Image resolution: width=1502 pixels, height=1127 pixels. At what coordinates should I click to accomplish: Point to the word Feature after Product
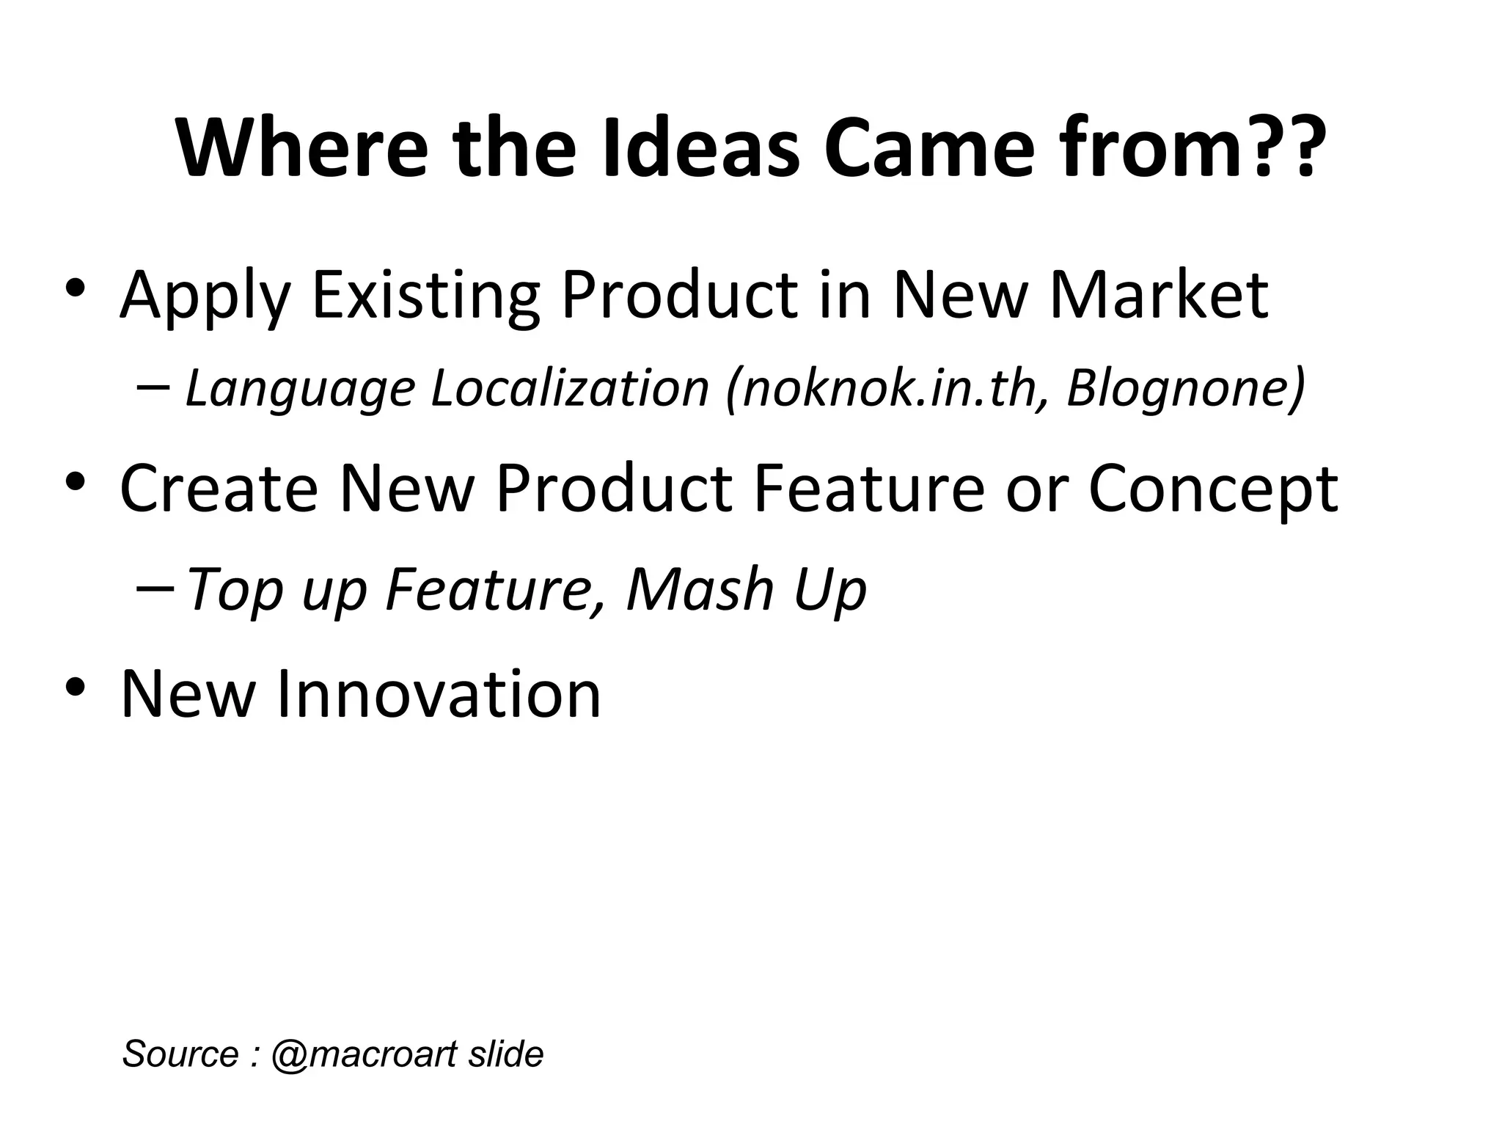(869, 489)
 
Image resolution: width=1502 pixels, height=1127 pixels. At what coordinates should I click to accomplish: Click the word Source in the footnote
(180, 1054)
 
